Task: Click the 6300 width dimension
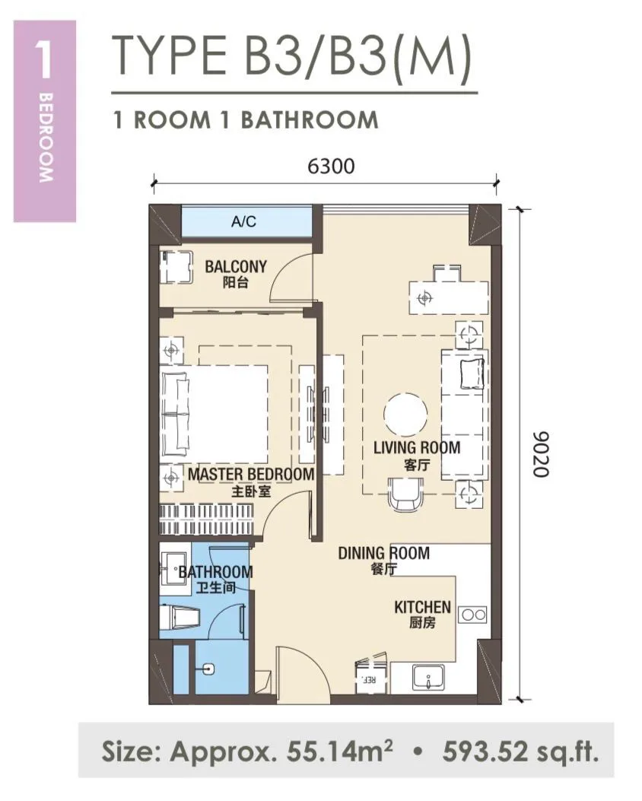click(330, 166)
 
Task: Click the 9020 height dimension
click(540, 454)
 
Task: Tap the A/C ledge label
click(243, 221)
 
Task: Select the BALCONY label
click(236, 266)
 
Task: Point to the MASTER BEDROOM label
click(251, 474)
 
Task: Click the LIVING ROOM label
click(417, 447)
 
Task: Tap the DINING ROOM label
click(383, 553)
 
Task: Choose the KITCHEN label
click(422, 607)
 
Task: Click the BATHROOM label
click(215, 571)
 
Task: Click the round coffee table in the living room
click(405, 415)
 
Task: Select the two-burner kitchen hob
click(473, 615)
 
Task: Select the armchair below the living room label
click(406, 494)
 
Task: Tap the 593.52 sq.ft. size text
click(520, 752)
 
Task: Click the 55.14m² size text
click(340, 751)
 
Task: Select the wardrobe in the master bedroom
click(207, 520)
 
